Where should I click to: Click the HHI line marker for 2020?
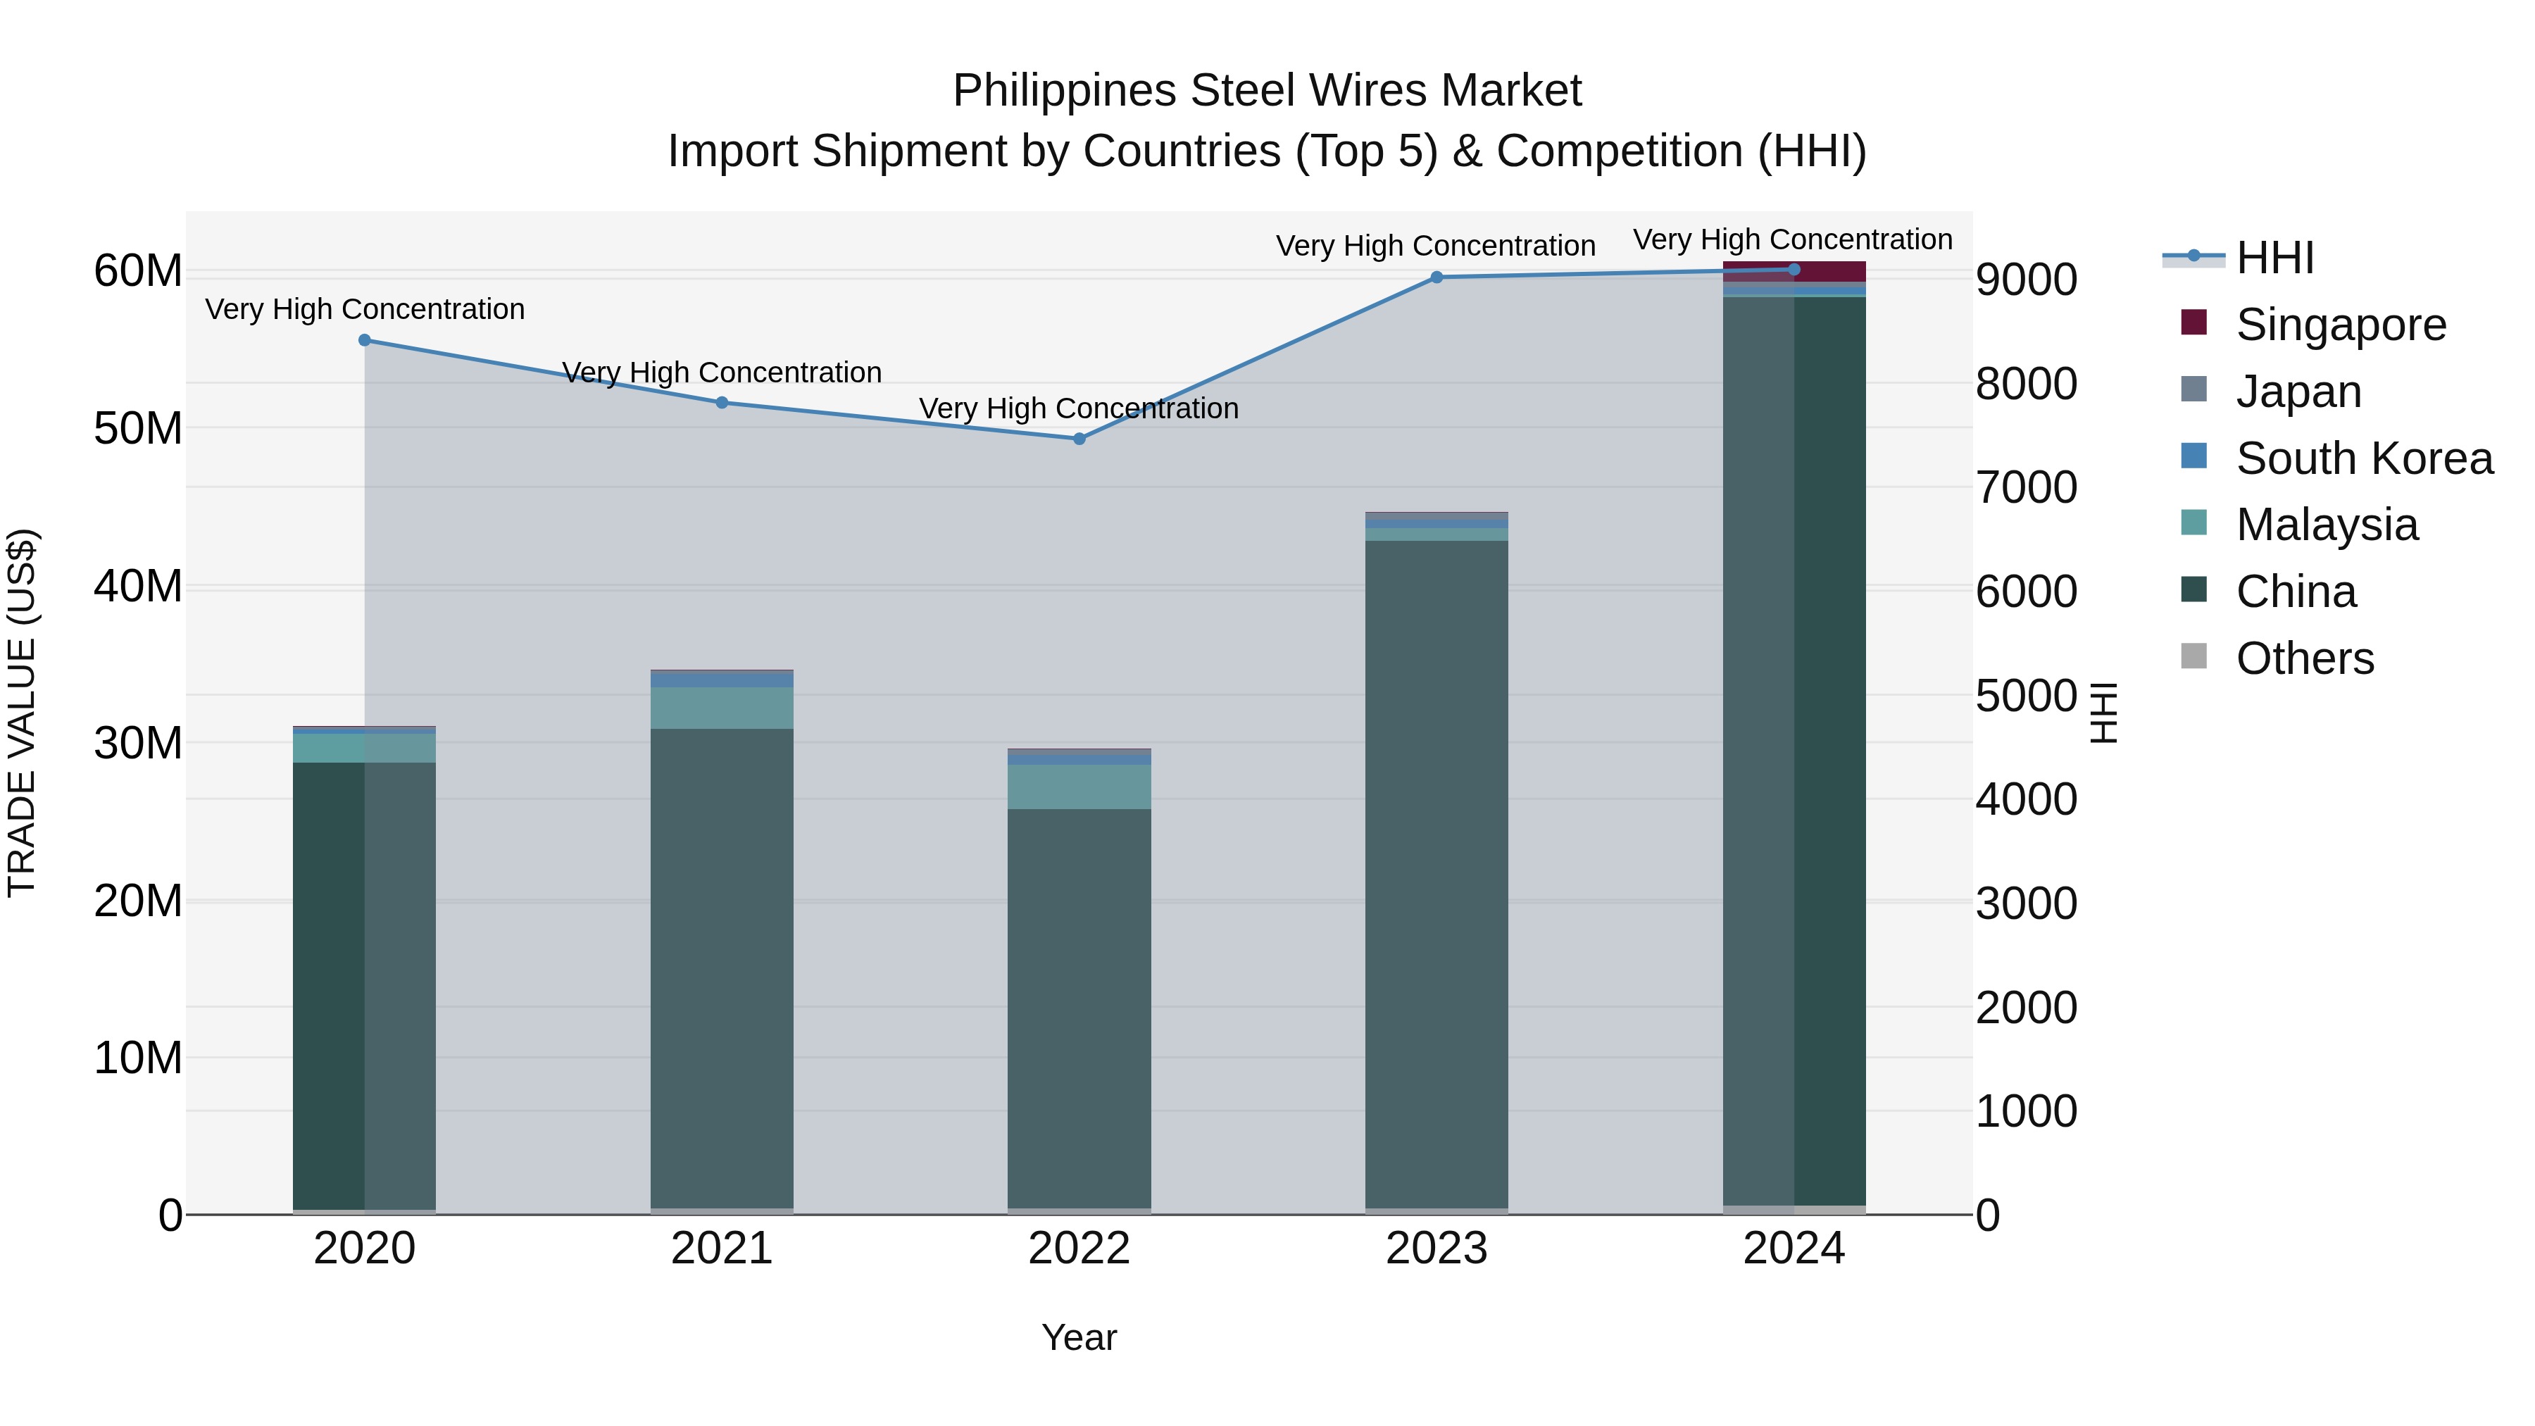coord(364,341)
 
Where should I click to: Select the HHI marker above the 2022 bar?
coord(1079,439)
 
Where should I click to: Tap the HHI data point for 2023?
coord(1436,277)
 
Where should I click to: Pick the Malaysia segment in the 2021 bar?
coord(721,708)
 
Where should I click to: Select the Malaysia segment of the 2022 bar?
coord(1079,787)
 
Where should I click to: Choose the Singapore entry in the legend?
coord(2340,325)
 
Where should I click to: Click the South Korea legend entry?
coord(2364,458)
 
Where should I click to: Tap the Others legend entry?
coord(2304,658)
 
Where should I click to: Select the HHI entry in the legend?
coord(2274,258)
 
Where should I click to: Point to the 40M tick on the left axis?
coord(138,587)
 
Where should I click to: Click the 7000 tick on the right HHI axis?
coord(2025,488)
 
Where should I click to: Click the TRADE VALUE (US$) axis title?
coord(22,713)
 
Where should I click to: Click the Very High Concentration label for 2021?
coord(721,373)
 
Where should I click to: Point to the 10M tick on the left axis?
coord(138,1058)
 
